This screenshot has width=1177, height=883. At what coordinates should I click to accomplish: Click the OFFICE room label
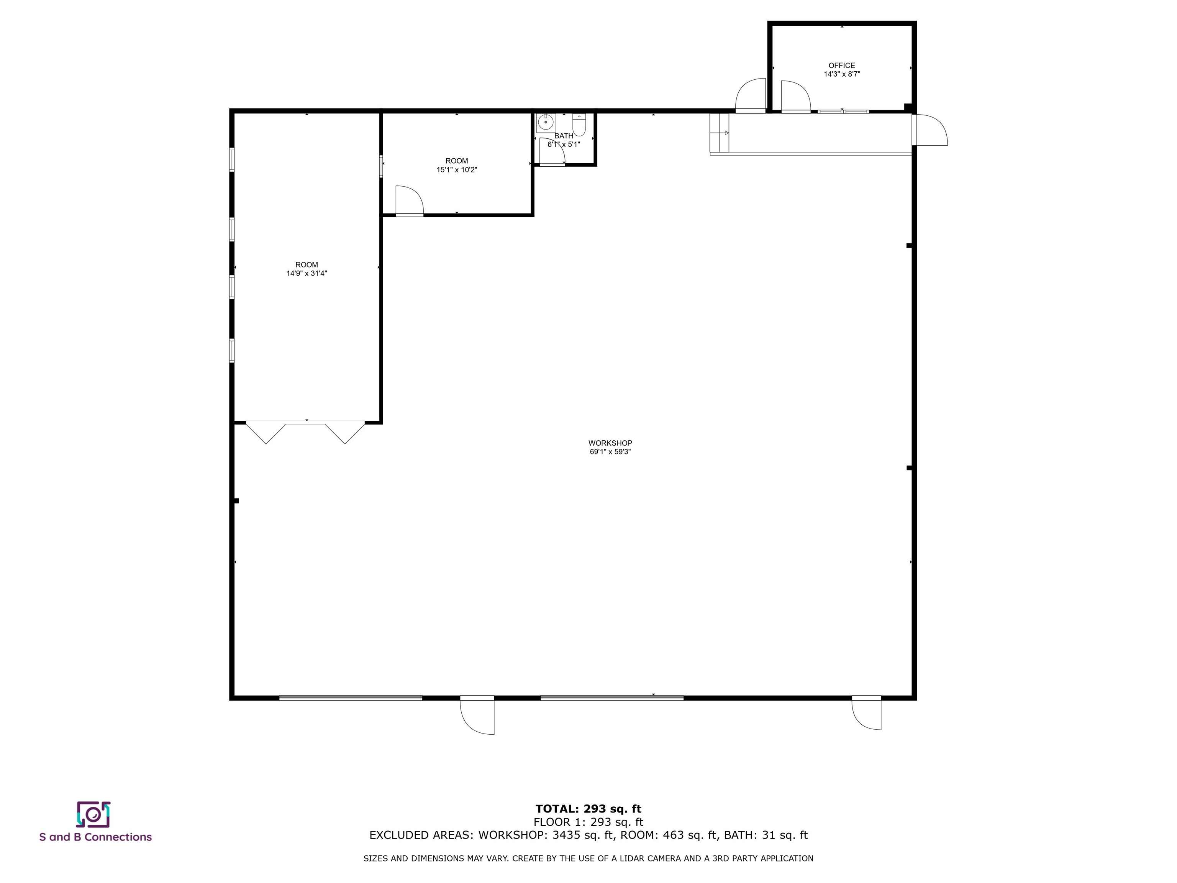[x=842, y=66]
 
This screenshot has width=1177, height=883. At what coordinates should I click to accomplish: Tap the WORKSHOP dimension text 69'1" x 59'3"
[x=610, y=452]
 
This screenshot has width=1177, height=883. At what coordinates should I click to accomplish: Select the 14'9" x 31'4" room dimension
[x=307, y=274]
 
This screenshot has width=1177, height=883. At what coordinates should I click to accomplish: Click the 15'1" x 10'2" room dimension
[x=457, y=170]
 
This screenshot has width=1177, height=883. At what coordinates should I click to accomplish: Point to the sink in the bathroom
[x=546, y=122]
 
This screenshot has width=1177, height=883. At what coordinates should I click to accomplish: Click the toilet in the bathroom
[x=579, y=126]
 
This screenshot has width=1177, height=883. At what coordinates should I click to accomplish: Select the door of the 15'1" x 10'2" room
[x=409, y=201]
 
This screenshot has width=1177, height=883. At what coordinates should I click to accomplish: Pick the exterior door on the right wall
[x=930, y=130]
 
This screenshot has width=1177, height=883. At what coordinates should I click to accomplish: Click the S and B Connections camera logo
[x=93, y=814]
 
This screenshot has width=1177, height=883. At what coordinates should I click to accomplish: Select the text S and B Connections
[x=96, y=837]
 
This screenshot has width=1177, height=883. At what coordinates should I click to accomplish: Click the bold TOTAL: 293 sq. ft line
[x=588, y=809]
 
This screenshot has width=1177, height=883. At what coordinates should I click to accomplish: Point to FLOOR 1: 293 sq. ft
[x=588, y=822]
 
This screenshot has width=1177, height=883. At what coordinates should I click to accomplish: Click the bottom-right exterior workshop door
[x=866, y=713]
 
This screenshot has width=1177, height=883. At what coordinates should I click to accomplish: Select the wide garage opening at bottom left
[x=351, y=698]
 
